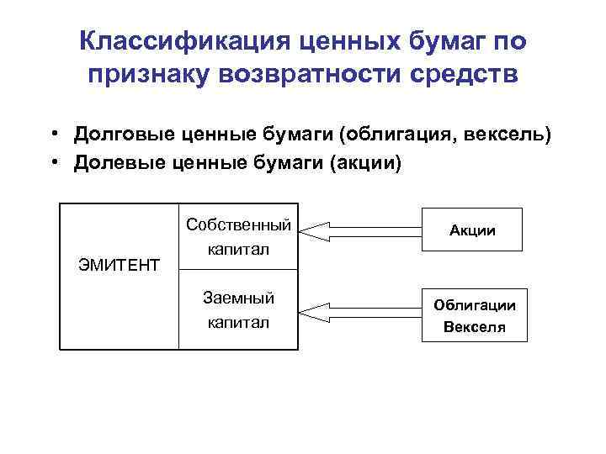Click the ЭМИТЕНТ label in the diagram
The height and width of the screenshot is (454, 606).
(x=119, y=266)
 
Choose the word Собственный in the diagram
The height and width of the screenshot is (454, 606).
(x=239, y=225)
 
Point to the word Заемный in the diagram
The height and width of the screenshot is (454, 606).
(x=239, y=298)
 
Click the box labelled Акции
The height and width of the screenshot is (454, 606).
(x=474, y=230)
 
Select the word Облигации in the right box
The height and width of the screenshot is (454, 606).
(x=475, y=306)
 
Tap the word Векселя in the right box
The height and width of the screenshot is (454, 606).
(x=475, y=326)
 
